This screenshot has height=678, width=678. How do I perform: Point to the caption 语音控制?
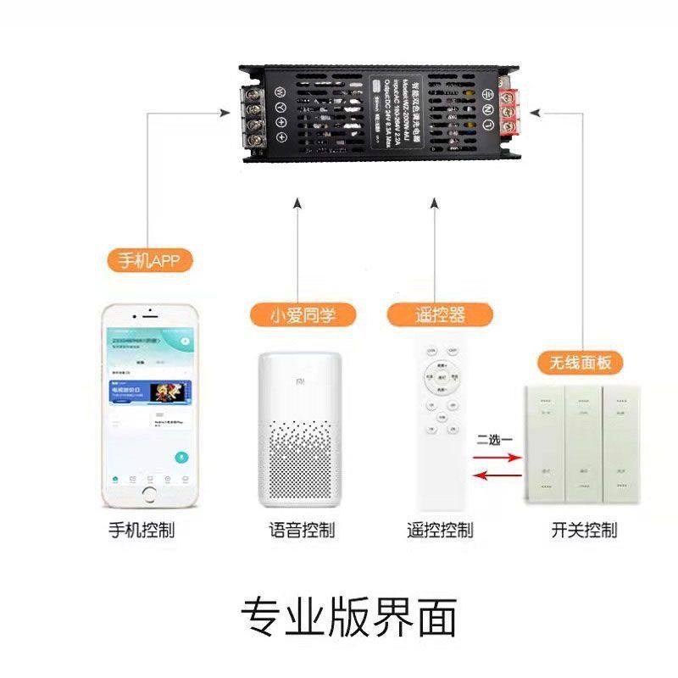click(297, 531)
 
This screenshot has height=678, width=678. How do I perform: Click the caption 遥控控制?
click(438, 531)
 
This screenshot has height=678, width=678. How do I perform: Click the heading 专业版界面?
click(348, 616)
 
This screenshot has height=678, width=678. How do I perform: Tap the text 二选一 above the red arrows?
click(495, 439)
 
